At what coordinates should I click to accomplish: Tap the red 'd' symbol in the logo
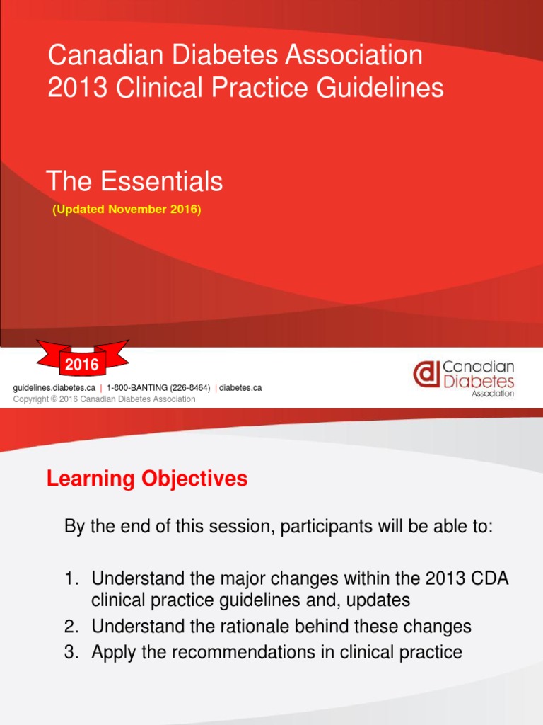426,375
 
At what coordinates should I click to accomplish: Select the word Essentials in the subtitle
160,182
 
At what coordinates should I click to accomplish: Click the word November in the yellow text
132,210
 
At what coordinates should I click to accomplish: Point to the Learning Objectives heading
147,479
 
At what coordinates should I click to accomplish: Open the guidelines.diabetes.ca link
54,388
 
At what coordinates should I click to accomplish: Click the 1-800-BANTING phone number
158,388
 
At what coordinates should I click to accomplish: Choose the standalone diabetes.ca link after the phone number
240,388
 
